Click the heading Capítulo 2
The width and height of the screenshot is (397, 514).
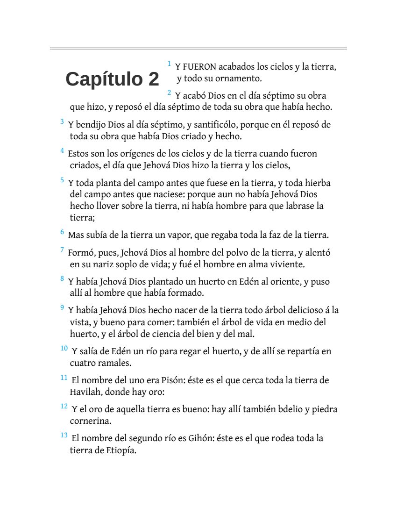click(x=112, y=79)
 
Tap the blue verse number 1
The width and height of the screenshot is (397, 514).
click(x=169, y=63)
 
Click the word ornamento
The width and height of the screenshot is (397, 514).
click(x=240, y=78)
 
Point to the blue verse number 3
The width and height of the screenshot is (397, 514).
click(x=62, y=121)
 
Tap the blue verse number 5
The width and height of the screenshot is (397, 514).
click(x=62, y=179)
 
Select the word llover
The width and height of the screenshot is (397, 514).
click(x=107, y=206)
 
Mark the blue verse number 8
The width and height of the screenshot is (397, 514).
click(x=62, y=279)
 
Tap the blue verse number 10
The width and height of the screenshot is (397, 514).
click(x=64, y=348)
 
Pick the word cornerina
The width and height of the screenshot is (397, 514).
click(x=91, y=421)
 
